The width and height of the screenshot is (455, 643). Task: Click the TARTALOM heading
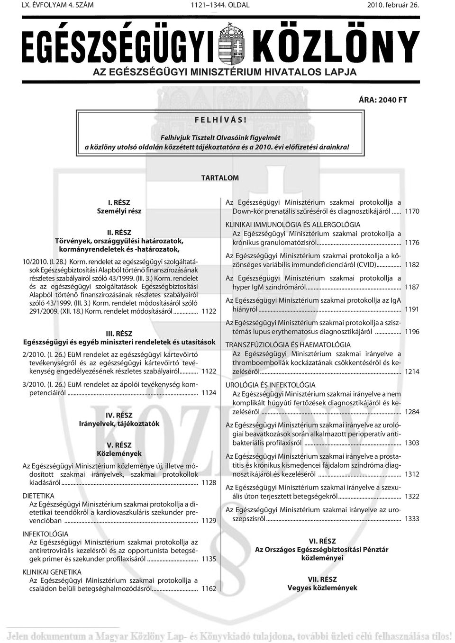click(x=220, y=178)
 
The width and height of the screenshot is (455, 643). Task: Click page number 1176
click(x=411, y=243)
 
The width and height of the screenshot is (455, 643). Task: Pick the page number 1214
click(x=411, y=371)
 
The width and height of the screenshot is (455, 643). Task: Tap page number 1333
click(x=411, y=519)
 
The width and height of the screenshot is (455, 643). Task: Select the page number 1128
click(x=209, y=482)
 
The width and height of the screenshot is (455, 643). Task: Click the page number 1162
click(x=209, y=589)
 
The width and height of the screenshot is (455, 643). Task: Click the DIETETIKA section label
click(x=38, y=495)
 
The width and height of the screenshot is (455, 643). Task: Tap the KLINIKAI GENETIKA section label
click(x=52, y=572)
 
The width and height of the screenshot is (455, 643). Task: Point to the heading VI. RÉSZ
click(x=322, y=541)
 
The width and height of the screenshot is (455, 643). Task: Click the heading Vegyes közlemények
click(x=322, y=588)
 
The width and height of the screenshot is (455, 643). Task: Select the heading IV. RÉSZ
click(x=119, y=415)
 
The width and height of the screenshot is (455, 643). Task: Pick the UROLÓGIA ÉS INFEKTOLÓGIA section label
click(x=270, y=385)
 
